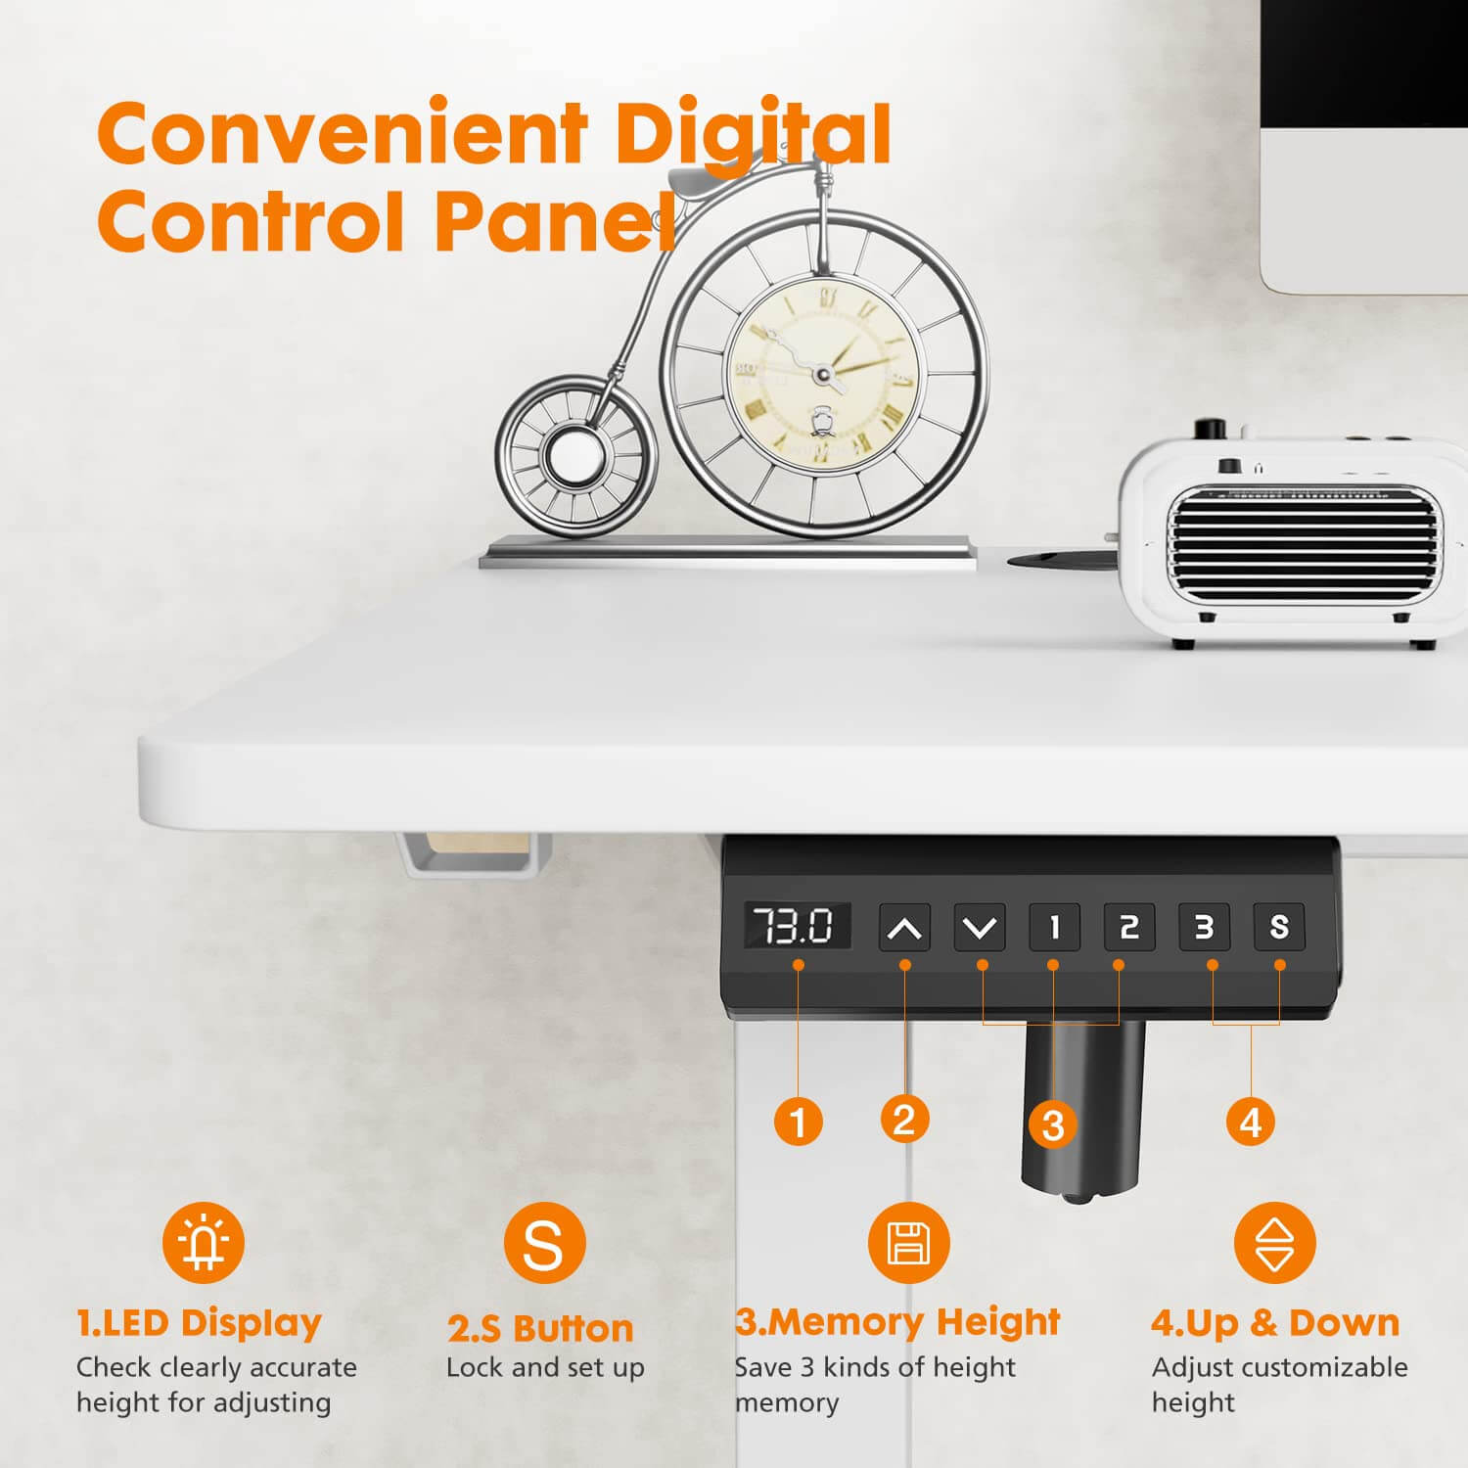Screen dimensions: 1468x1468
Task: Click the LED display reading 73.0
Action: (x=797, y=926)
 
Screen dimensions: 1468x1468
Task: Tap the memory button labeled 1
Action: (x=1054, y=927)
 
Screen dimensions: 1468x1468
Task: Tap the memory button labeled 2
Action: (x=1129, y=927)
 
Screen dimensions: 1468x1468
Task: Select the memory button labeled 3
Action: (x=1204, y=927)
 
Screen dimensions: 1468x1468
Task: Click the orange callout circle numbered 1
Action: (x=799, y=1121)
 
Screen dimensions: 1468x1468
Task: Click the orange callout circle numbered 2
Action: (x=904, y=1119)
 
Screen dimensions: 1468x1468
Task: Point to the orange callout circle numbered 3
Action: (x=1053, y=1124)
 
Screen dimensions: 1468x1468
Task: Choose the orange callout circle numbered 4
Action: (x=1251, y=1121)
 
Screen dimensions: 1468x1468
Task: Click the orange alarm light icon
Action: (x=204, y=1243)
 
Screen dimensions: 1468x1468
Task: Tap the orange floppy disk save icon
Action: (x=908, y=1243)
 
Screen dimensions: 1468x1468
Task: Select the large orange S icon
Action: (x=544, y=1243)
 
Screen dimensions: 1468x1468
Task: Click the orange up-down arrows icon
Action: (x=1274, y=1243)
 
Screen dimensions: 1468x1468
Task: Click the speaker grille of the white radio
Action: (x=1302, y=543)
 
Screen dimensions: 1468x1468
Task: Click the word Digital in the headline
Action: (x=752, y=135)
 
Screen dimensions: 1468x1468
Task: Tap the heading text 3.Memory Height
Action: (x=897, y=1322)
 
